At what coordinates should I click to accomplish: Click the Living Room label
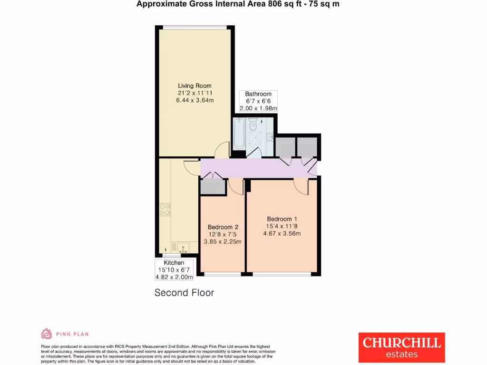point(195,86)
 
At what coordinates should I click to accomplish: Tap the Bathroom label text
point(258,94)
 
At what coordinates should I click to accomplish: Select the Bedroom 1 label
point(282,219)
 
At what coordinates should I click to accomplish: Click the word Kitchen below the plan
point(174,263)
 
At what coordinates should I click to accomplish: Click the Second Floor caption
point(184,293)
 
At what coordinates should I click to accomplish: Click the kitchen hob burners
point(165,210)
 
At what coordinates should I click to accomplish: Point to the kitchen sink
point(182,247)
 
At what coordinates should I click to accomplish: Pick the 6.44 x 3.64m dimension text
point(195,100)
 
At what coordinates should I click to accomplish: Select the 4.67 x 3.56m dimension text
point(282,233)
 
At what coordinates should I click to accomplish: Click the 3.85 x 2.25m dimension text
point(223,241)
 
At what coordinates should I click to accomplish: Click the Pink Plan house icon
point(47,334)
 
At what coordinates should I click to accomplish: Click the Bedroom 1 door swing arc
point(301,187)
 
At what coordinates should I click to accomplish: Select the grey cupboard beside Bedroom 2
point(212,187)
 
